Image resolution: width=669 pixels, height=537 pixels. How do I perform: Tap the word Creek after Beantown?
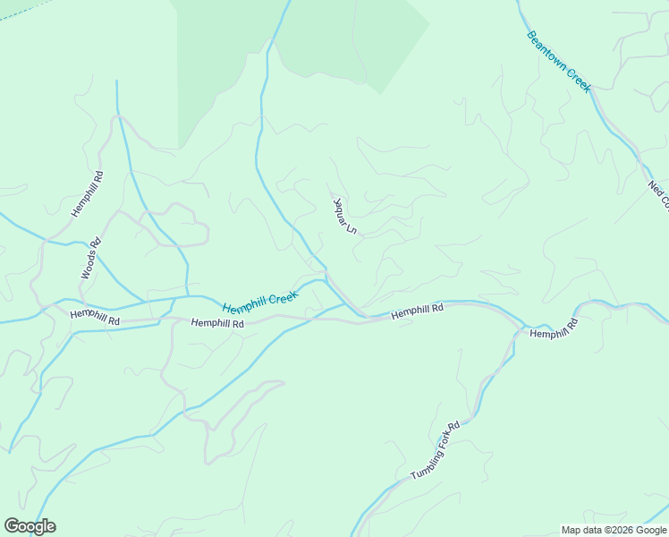click(x=579, y=81)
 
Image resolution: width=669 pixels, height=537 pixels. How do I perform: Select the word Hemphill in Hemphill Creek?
click(x=244, y=303)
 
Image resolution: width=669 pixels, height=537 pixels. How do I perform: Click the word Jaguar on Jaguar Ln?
click(x=338, y=207)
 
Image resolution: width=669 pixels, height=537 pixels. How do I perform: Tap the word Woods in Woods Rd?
click(x=89, y=263)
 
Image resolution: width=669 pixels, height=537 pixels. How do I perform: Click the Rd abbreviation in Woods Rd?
click(x=96, y=242)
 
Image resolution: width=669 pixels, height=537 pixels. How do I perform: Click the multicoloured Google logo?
click(x=30, y=526)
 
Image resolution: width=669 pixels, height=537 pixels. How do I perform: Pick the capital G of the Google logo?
click(x=12, y=526)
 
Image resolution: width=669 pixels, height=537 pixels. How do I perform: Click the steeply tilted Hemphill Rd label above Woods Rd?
click(x=88, y=194)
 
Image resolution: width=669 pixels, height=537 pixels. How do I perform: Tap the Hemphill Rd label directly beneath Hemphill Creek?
click(x=217, y=323)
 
